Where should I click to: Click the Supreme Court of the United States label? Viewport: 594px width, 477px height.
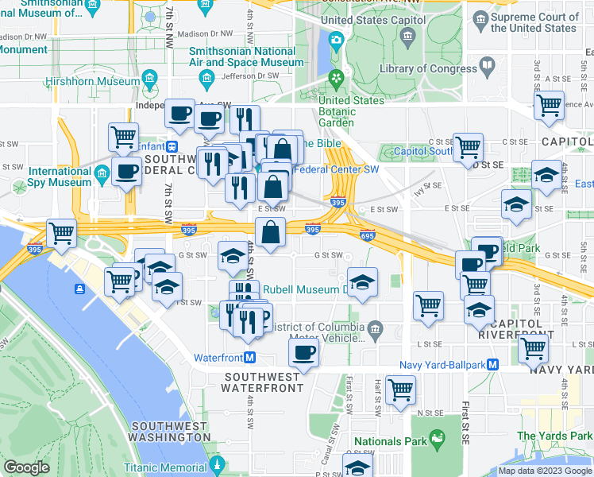pyautogui.click(x=534, y=22)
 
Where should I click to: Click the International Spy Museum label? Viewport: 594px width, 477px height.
pyautogui.click(x=60, y=176)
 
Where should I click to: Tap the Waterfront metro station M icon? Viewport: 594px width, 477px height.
pyautogui.click(x=249, y=358)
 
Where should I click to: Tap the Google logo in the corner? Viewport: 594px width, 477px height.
pyautogui.click(x=27, y=467)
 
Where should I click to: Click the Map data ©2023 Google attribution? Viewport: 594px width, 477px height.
pyautogui.click(x=545, y=471)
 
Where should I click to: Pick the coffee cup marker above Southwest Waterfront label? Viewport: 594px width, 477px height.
pyautogui.click(x=303, y=351)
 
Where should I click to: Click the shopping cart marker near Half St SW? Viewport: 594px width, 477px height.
pyautogui.click(x=400, y=389)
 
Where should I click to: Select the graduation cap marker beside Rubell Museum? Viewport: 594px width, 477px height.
pyautogui.click(x=361, y=282)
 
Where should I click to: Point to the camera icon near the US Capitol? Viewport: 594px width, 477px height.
pyautogui.click(x=336, y=39)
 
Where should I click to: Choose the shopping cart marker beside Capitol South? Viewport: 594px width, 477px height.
pyautogui.click(x=469, y=146)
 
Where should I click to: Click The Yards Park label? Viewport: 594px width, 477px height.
pyautogui.click(x=554, y=436)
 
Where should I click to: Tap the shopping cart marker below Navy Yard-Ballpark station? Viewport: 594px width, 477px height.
pyautogui.click(x=532, y=347)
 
